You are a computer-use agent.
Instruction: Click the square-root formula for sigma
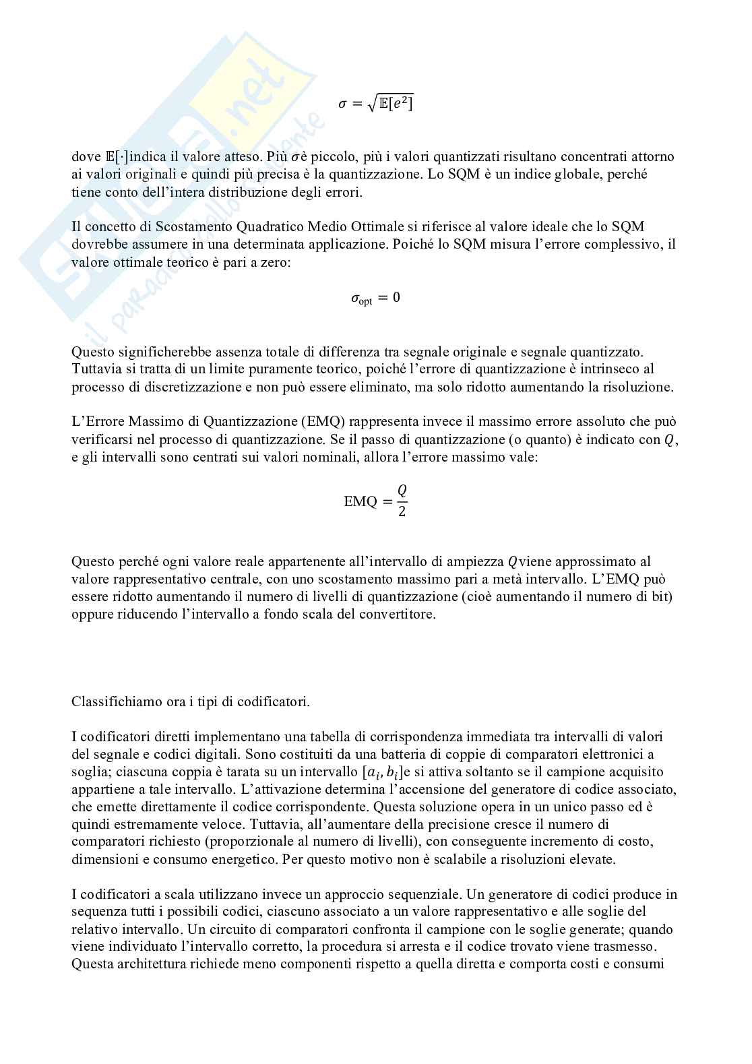point(375,103)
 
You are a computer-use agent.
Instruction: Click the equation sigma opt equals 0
point(375,298)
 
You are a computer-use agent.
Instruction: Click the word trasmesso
point(640,947)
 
